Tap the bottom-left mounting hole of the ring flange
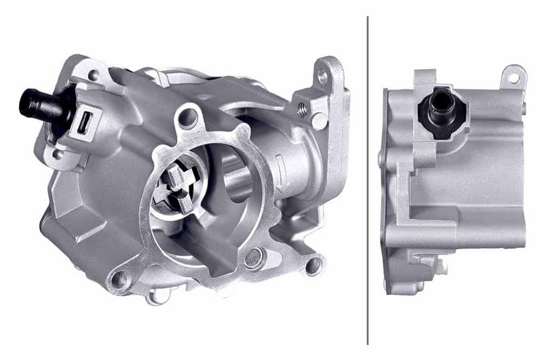click(x=120, y=279)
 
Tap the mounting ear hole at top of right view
click(x=514, y=77)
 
